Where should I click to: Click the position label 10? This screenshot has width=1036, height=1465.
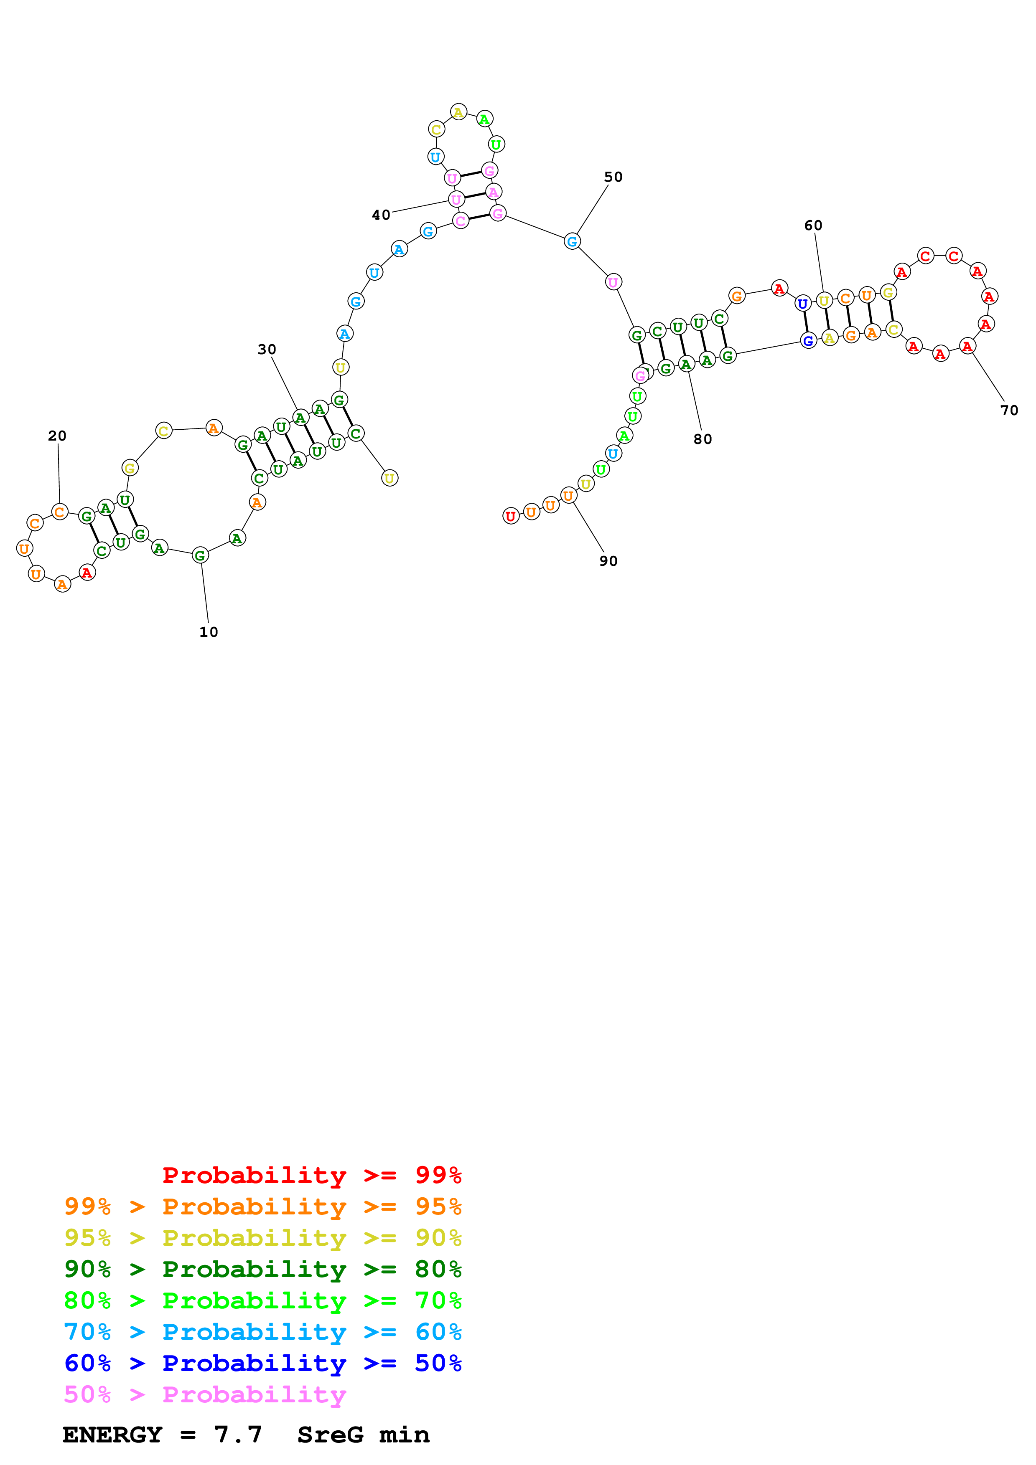click(x=209, y=632)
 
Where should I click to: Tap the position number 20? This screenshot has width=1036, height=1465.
click(x=57, y=436)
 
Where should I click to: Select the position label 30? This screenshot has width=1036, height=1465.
click(x=267, y=350)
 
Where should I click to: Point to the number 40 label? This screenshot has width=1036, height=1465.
click(x=381, y=215)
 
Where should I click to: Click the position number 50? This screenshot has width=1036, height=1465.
click(x=613, y=177)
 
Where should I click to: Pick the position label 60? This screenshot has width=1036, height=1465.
click(x=813, y=225)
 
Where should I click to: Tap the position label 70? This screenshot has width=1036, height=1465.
click(x=1009, y=410)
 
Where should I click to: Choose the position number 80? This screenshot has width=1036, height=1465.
click(x=703, y=439)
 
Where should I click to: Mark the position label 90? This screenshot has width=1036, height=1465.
click(x=608, y=561)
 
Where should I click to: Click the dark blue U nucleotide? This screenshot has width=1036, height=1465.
click(x=803, y=304)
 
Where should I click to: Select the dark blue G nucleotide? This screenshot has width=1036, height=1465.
click(x=808, y=341)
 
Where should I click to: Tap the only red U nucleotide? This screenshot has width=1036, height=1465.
click(x=511, y=516)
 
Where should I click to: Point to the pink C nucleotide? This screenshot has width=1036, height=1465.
click(x=460, y=221)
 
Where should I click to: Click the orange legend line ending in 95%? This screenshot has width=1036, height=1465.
click(x=263, y=1206)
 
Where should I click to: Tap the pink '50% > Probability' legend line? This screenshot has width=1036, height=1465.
click(x=205, y=1394)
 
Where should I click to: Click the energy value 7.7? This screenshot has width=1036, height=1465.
click(x=238, y=1435)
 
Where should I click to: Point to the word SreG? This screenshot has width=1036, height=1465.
click(x=331, y=1435)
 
